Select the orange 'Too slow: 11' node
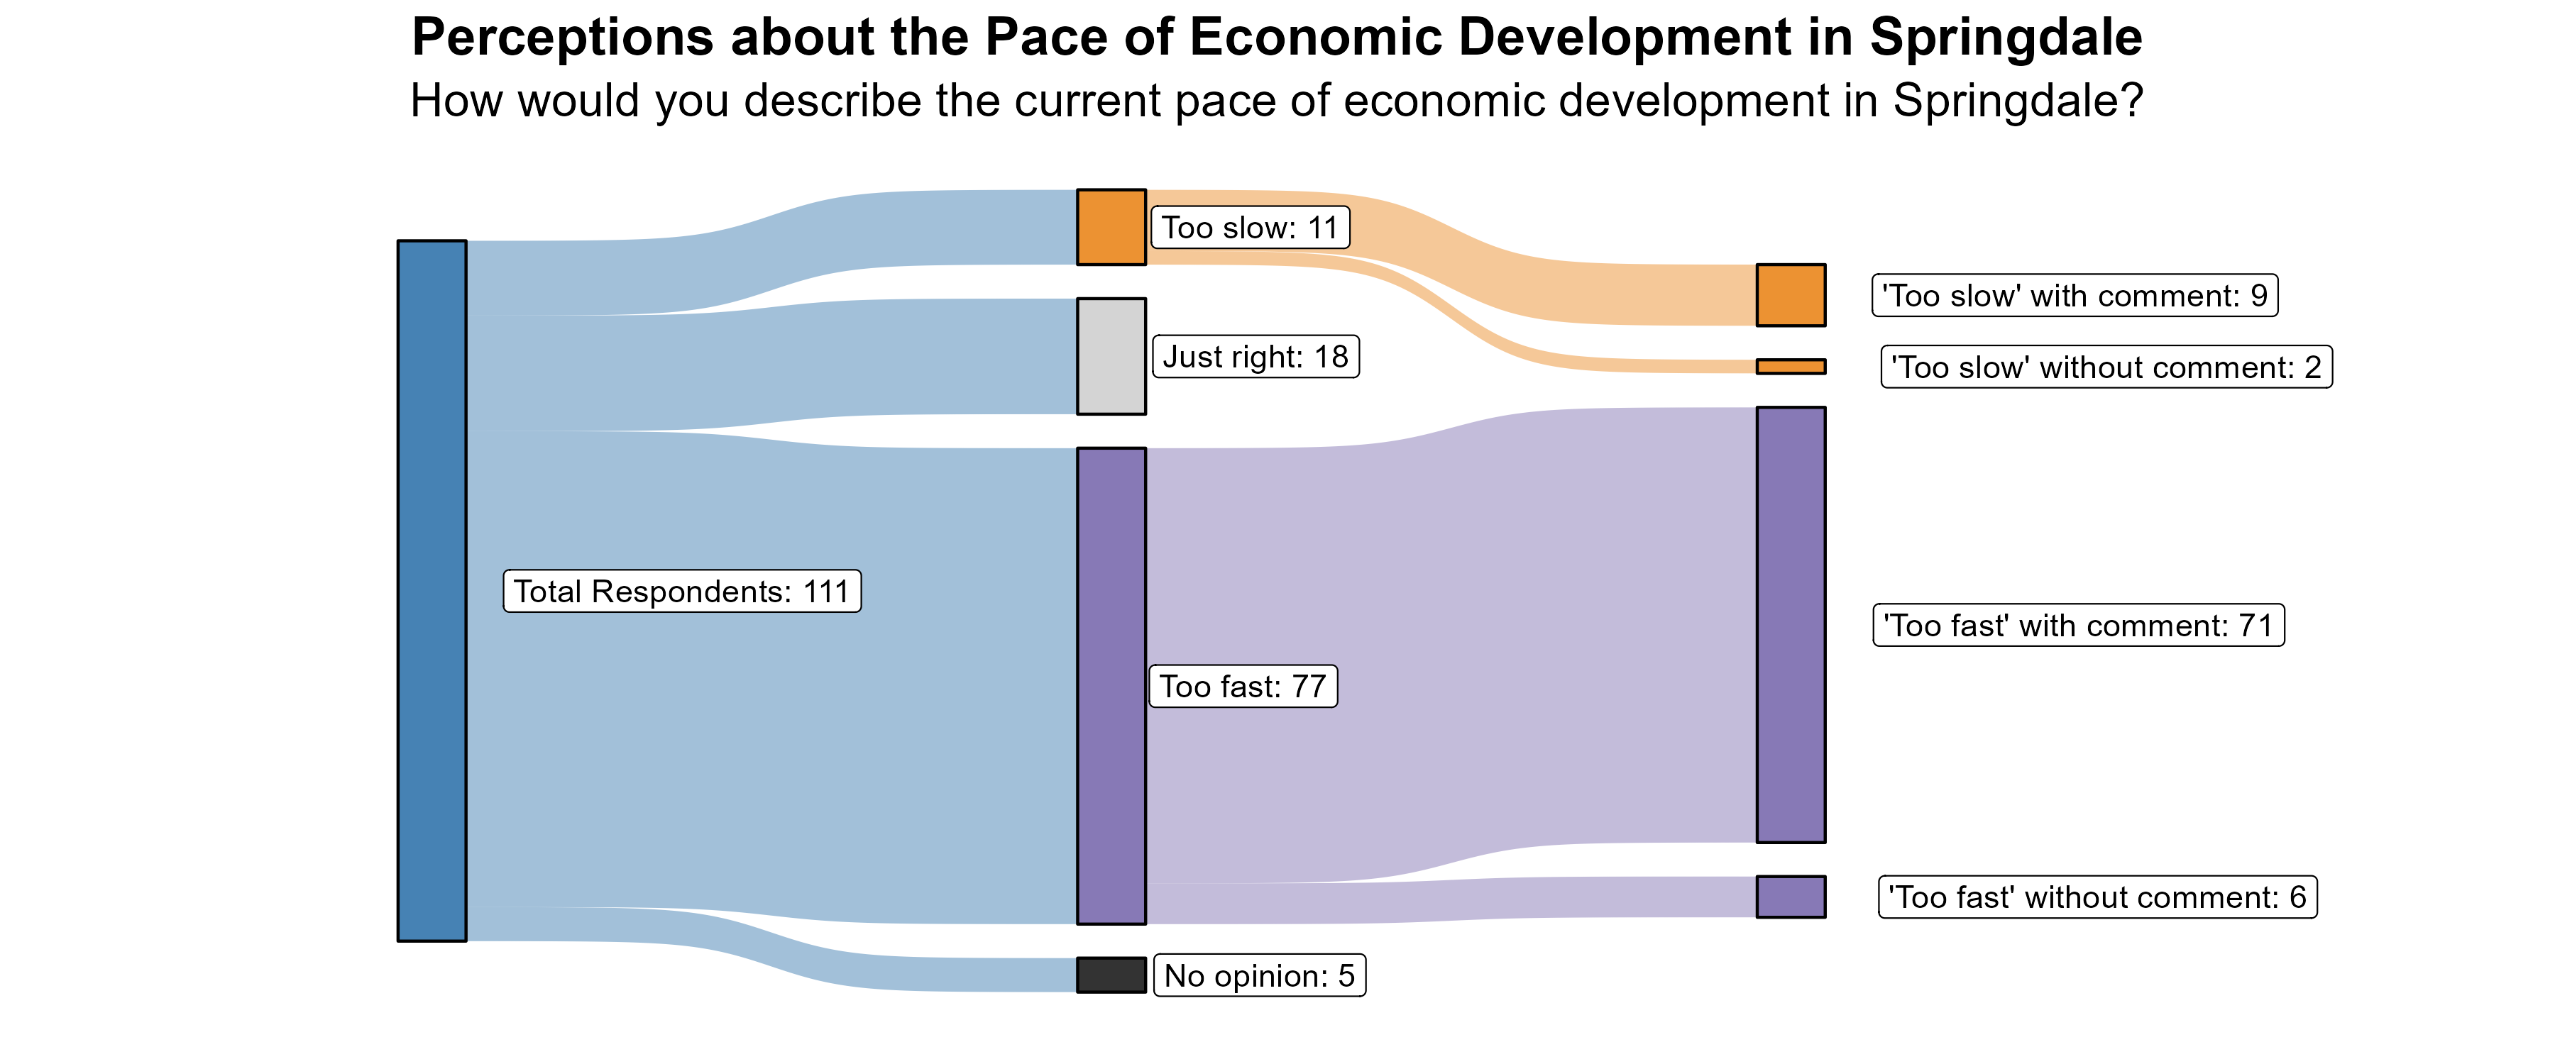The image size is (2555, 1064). [x=1111, y=227]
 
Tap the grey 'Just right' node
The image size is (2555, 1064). [x=1111, y=356]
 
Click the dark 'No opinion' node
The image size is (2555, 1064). [x=1111, y=975]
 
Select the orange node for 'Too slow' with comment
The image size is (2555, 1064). [x=1791, y=294]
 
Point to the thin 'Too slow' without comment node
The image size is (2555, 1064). [x=1791, y=367]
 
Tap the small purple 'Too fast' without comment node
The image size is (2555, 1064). [x=1791, y=897]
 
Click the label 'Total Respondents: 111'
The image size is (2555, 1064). [x=681, y=591]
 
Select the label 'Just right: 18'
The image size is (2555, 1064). [x=1255, y=357]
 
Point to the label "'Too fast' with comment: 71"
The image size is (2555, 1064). [x=2078, y=626]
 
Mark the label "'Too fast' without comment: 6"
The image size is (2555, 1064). [x=2097, y=897]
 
